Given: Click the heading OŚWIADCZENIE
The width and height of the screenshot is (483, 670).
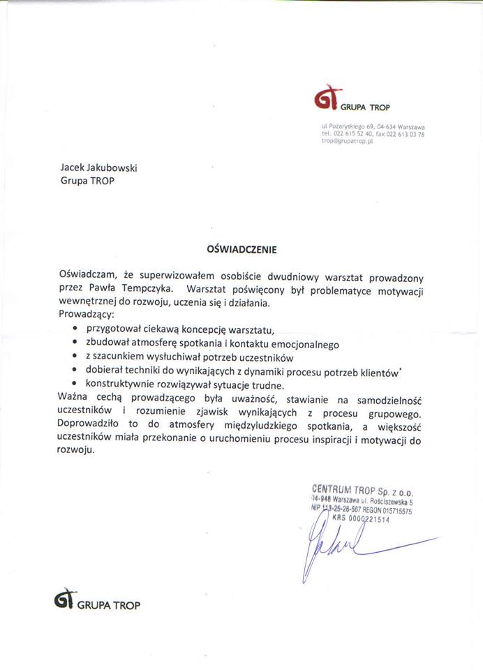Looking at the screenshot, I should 241,248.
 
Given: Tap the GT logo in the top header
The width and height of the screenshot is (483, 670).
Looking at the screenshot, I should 327,100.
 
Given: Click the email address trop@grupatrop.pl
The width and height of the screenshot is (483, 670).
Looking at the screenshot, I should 348,140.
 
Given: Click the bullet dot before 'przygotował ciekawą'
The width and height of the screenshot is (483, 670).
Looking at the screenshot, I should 74,328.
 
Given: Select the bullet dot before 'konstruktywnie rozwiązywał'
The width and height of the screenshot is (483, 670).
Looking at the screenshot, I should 74,385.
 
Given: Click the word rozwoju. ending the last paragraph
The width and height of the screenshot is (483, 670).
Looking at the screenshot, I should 74,451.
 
